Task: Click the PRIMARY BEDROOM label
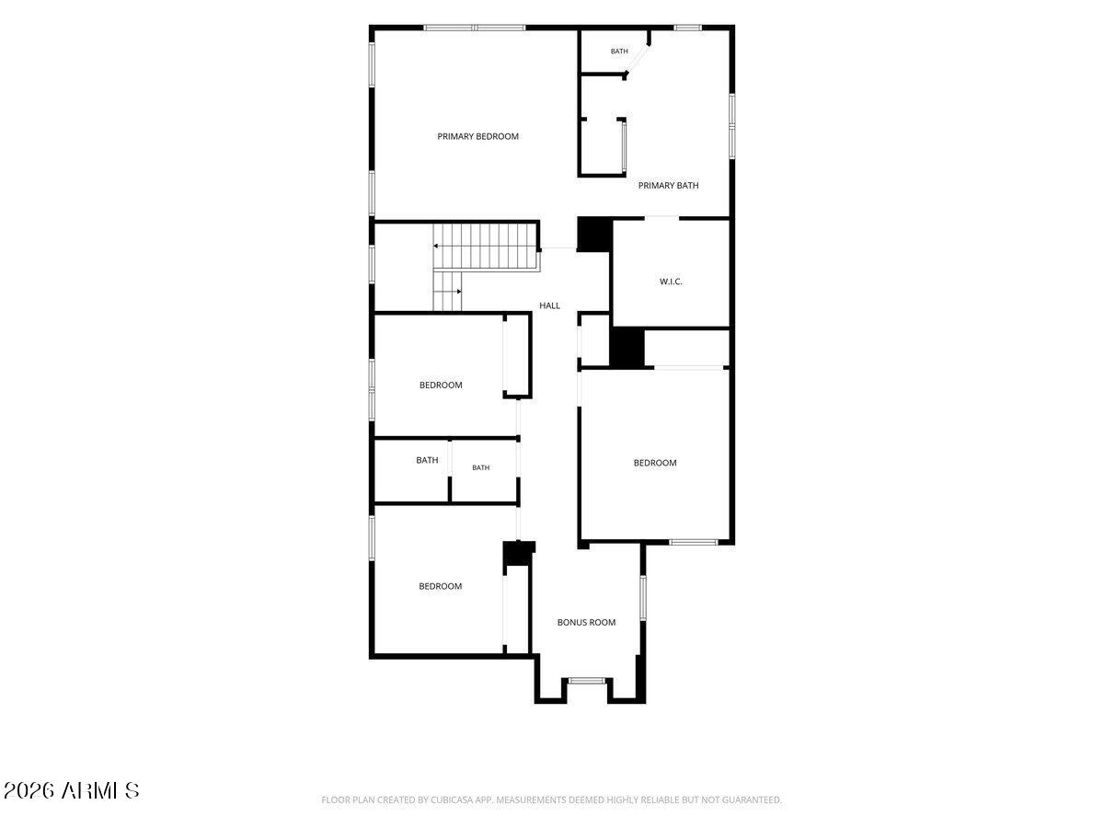tap(477, 136)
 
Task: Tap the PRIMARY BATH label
tap(668, 186)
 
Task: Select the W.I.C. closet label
tap(671, 282)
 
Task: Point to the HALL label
tap(549, 305)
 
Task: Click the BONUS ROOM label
tap(586, 623)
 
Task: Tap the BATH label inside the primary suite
tap(619, 52)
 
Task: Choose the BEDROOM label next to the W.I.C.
tap(654, 463)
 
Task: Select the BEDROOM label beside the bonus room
tap(440, 586)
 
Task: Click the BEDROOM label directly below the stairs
tap(441, 385)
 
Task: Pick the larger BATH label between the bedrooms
tap(427, 460)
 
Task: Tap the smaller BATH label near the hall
tap(480, 467)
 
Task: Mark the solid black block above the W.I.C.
tap(594, 235)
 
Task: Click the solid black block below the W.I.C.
tap(627, 348)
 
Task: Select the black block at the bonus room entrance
tap(519, 553)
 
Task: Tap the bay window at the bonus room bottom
tap(587, 681)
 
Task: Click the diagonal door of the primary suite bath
tap(638, 60)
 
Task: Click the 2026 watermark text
tap(29, 791)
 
